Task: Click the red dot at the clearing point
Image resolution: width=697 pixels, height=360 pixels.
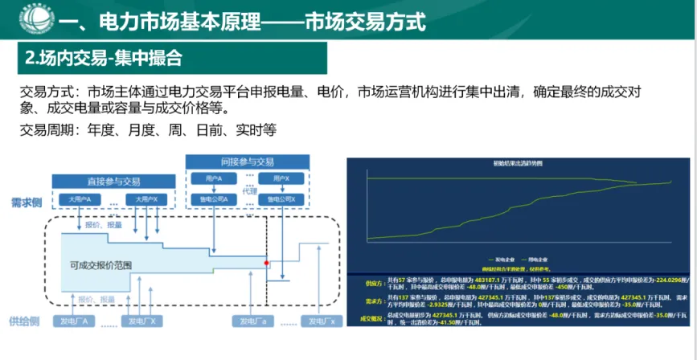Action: (266, 262)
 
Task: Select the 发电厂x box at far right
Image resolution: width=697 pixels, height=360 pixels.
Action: (319, 321)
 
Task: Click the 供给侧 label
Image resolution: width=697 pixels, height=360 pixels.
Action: (25, 321)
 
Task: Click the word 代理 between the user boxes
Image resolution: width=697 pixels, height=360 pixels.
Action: (250, 192)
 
